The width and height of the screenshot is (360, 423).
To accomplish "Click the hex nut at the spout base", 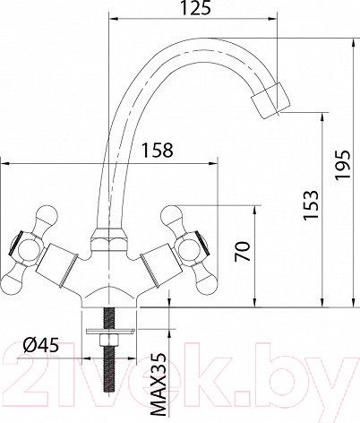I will click(x=109, y=240).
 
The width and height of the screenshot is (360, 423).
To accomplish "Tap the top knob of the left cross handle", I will click(x=42, y=216).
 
